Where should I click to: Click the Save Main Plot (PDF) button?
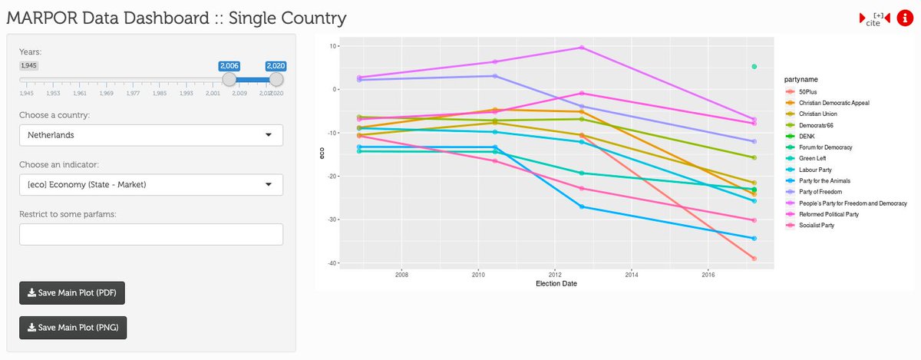click(72, 292)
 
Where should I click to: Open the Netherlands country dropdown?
click(151, 135)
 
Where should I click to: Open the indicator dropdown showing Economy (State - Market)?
click(151, 184)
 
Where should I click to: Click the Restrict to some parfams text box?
click(151, 234)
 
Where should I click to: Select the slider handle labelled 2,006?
click(229, 79)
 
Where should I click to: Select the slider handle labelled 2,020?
click(276, 79)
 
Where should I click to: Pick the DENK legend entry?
click(805, 136)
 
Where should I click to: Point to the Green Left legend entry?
click(812, 158)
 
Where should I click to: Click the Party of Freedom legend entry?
click(820, 192)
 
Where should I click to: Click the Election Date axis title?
click(556, 283)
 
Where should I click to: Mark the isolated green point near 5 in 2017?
click(754, 67)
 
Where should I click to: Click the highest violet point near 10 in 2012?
click(581, 48)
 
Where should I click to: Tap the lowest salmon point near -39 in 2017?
click(754, 259)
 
